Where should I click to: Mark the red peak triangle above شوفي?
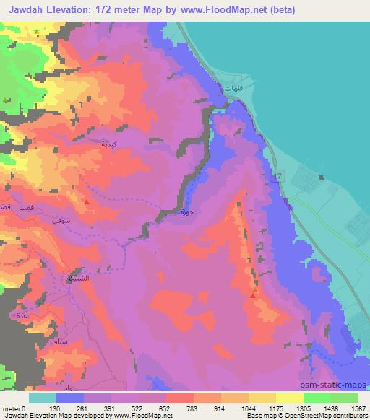86,201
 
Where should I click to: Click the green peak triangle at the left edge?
6,100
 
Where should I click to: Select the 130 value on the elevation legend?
57,409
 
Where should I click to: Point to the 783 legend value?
193,409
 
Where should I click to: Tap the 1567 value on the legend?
358,409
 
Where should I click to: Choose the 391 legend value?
111,409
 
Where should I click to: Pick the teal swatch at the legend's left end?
43,398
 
